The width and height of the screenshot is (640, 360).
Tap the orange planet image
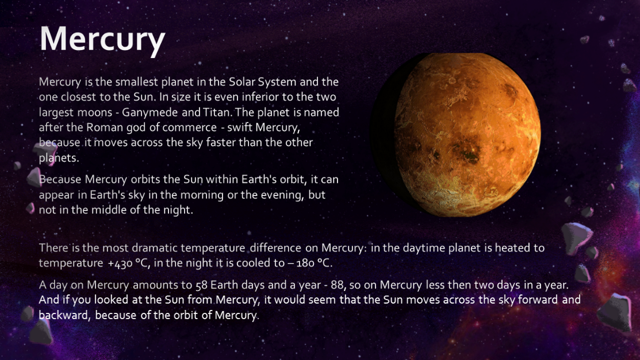(x=455, y=135)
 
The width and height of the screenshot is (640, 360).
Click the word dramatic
(x=155, y=248)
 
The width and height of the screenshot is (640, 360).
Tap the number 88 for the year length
(x=337, y=285)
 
